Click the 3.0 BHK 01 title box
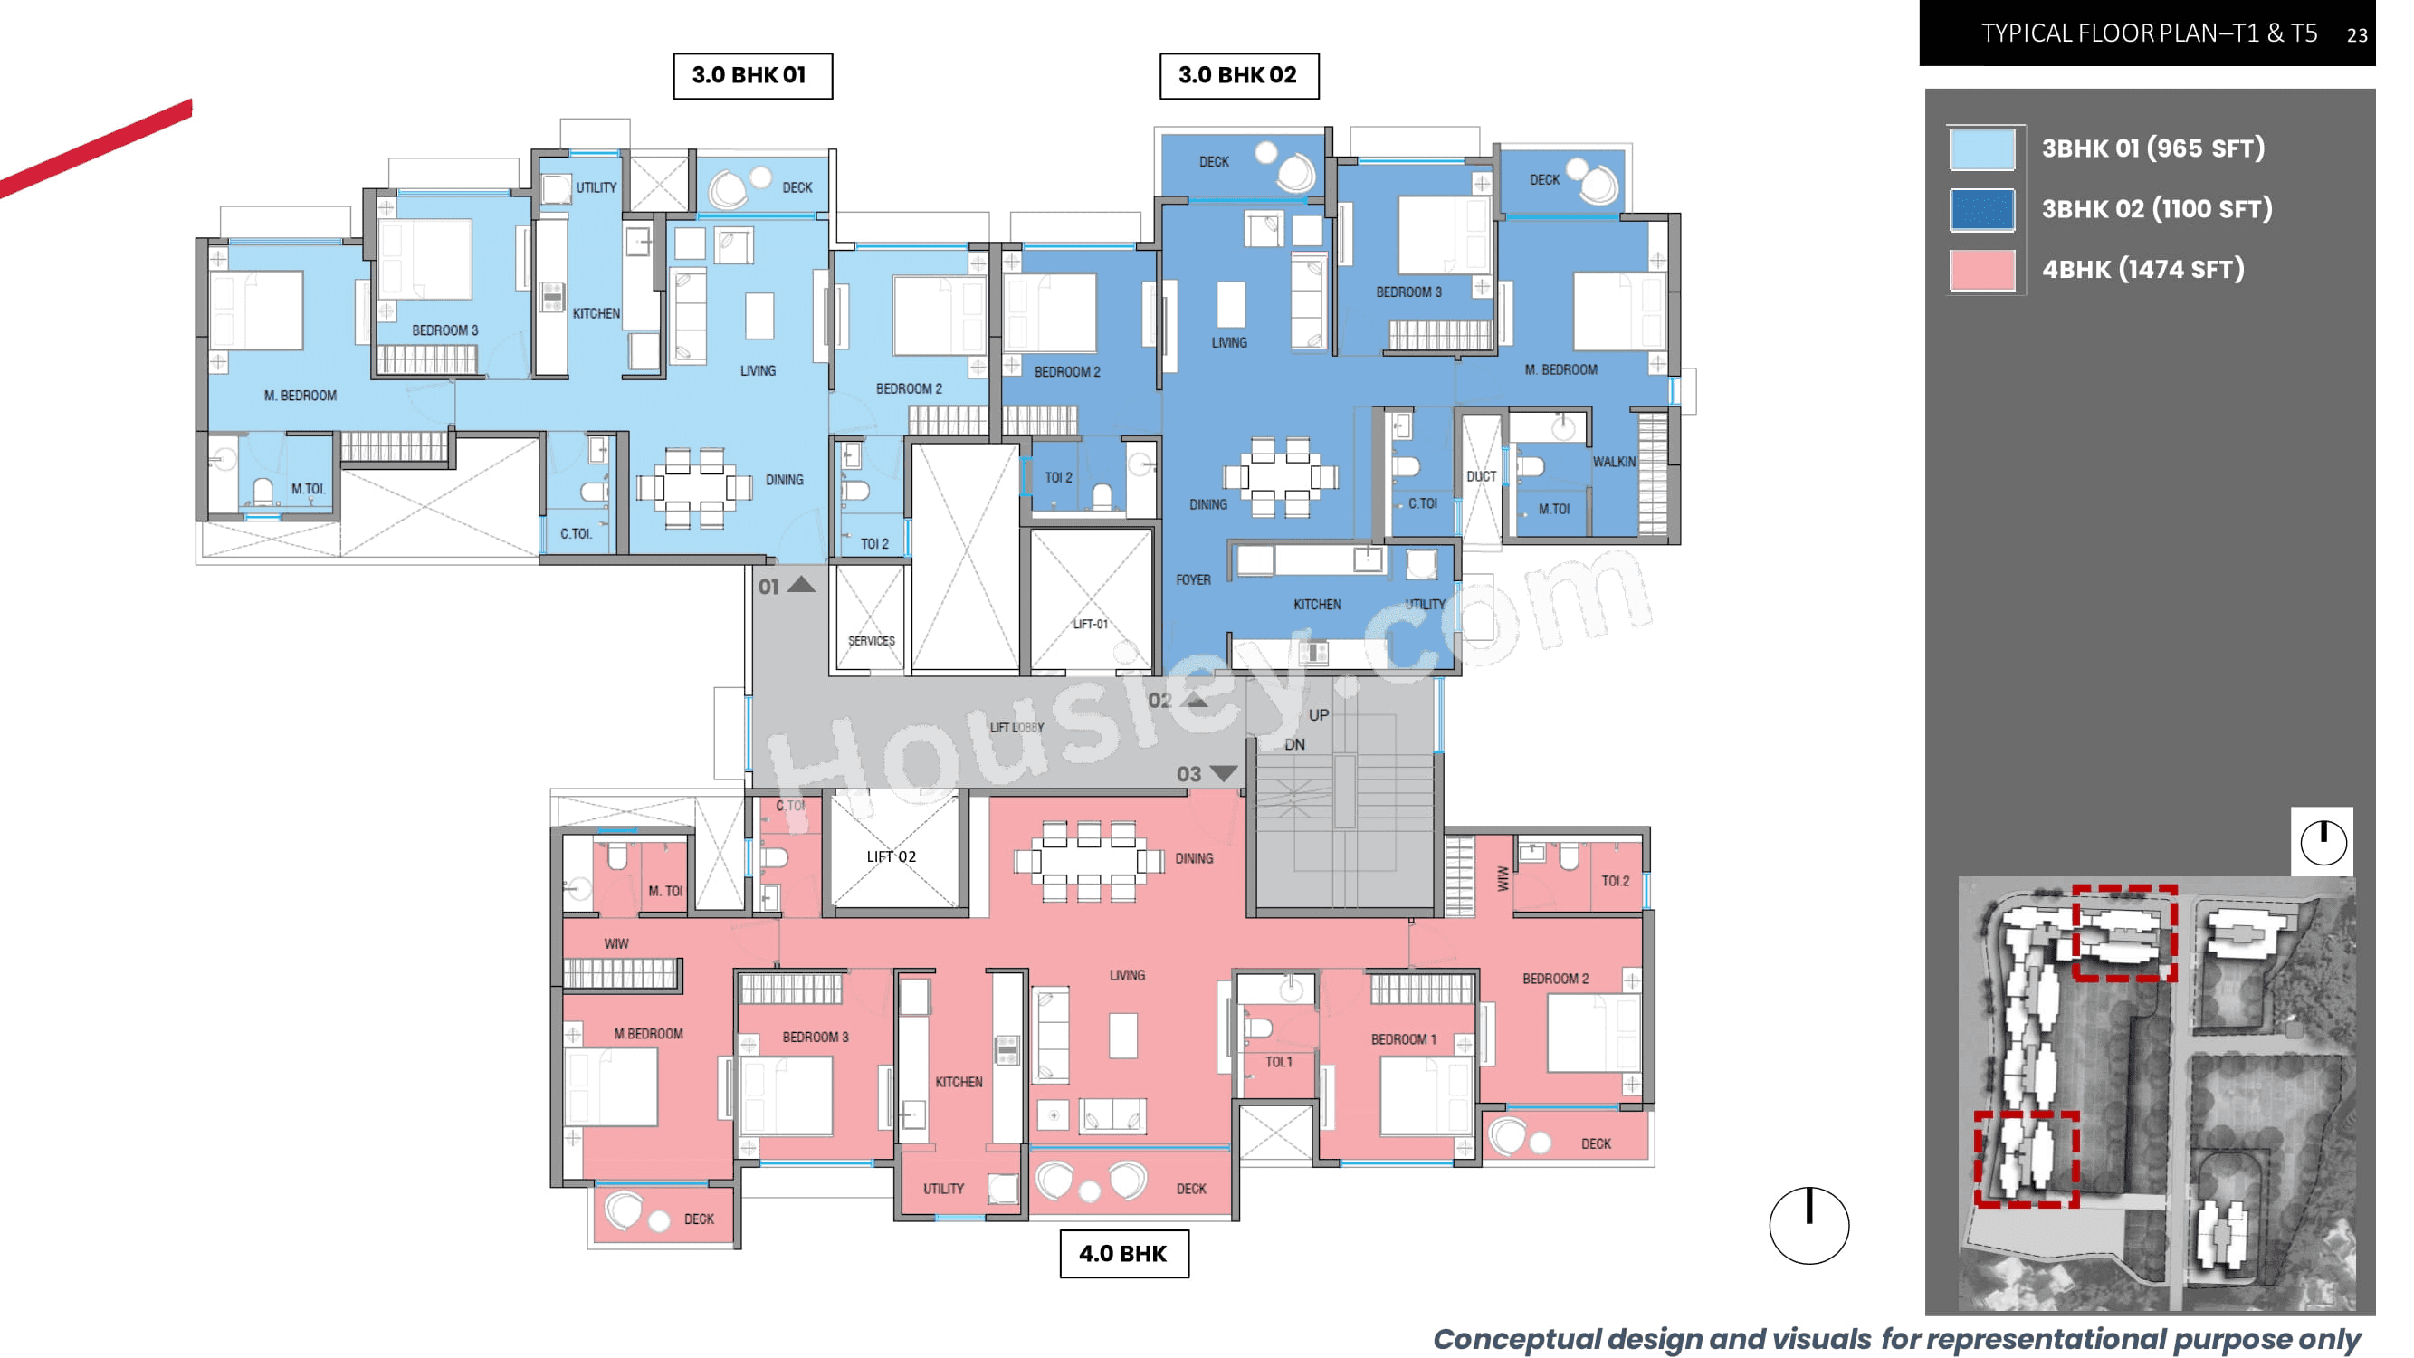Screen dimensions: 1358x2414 751,76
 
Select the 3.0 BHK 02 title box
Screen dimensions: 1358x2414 1238,76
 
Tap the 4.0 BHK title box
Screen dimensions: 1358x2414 1123,1253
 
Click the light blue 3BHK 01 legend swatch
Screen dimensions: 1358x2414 1981,149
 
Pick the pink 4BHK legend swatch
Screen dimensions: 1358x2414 1981,270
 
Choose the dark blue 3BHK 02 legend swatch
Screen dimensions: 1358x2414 1981,209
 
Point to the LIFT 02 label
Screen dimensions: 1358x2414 891,856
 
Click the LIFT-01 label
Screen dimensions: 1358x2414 1090,624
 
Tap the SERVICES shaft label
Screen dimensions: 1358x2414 871,641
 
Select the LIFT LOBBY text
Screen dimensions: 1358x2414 1016,727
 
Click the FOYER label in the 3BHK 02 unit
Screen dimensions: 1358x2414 1193,580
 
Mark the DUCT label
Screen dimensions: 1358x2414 1481,476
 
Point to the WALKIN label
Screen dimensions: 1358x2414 1614,462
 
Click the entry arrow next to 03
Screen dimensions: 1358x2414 1223,773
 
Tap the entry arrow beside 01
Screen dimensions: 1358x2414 800,585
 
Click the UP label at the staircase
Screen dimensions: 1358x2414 1319,715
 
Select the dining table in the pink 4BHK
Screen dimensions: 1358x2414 1088,859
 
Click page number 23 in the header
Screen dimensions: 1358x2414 2356,35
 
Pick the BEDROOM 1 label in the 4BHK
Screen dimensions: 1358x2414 1403,1039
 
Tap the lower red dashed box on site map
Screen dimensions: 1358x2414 2026,1159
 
